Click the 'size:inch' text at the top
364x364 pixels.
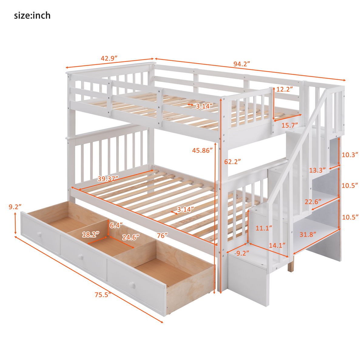(32, 15)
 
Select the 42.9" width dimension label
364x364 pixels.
(109, 58)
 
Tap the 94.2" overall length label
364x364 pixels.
(241, 64)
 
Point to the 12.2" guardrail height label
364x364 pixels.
(285, 89)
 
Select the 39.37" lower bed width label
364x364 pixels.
(108, 179)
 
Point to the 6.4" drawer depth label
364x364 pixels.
(116, 225)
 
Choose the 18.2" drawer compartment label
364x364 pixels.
(91, 234)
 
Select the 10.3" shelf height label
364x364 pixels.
(350, 155)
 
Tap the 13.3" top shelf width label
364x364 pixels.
(317, 170)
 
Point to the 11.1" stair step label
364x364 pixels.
(264, 228)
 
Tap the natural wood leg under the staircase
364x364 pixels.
(291, 266)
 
